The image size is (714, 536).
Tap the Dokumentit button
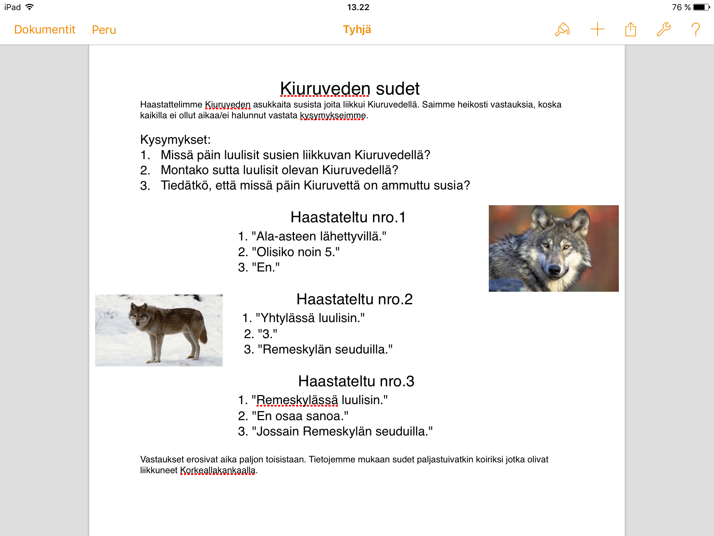tap(45, 30)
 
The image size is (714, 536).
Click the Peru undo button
tap(104, 30)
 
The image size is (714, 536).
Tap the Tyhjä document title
tap(357, 30)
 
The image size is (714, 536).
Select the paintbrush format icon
tap(562, 30)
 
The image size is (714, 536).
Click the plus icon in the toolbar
tap(597, 29)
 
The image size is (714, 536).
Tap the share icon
tap(630, 29)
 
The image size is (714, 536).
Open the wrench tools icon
tap(663, 30)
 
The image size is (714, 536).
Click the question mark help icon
tap(696, 30)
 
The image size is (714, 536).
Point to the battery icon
tap(701, 7)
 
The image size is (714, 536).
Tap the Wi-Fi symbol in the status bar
tap(30, 7)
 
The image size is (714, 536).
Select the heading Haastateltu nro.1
tap(348, 217)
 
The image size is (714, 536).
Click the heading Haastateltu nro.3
tap(356, 381)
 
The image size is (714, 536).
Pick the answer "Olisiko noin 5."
tap(289, 252)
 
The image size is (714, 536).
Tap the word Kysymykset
tap(175, 140)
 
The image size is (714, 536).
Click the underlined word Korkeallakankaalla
tap(218, 470)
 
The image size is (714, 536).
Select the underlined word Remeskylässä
tap(297, 400)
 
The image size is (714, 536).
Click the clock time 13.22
tap(358, 7)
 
